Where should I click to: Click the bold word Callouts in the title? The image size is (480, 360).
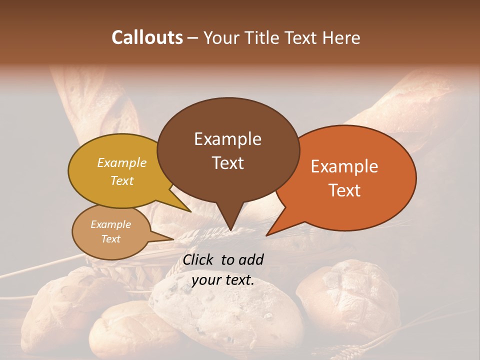pyautogui.click(x=147, y=37)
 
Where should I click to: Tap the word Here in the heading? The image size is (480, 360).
pyautogui.click(x=341, y=37)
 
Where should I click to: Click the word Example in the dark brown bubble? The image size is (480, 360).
pyautogui.click(x=227, y=139)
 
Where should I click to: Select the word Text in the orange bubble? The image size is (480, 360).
pyautogui.click(x=344, y=190)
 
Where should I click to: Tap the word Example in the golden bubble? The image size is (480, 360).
pyautogui.click(x=121, y=162)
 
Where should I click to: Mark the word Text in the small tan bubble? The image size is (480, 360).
pyautogui.click(x=110, y=239)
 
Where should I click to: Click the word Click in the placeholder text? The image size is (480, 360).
pyautogui.click(x=198, y=259)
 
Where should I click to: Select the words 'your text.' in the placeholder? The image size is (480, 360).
pyautogui.click(x=222, y=280)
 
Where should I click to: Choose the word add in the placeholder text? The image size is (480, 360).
pyautogui.click(x=250, y=259)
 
